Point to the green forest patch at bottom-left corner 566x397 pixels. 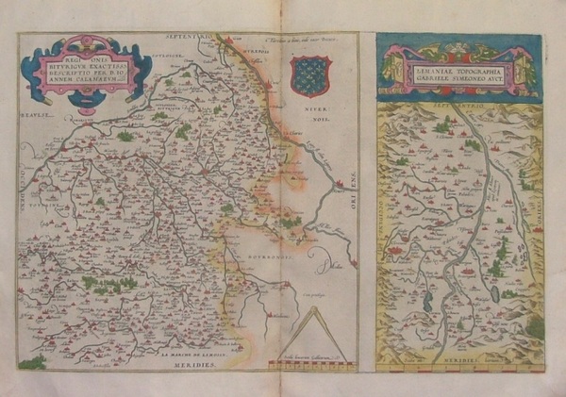[x=32, y=362]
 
